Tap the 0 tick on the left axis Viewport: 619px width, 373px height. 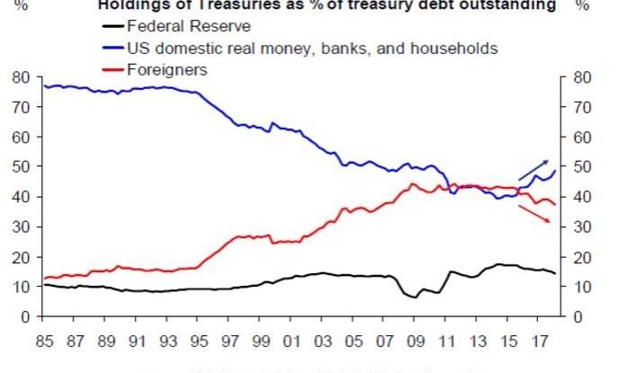[x=26, y=316]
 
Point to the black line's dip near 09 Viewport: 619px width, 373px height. [x=415, y=297]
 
